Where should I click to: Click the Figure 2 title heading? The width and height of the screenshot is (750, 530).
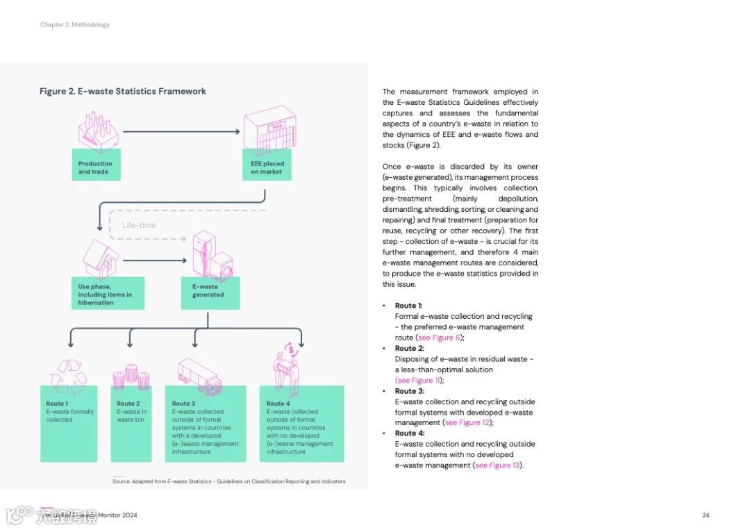click(x=123, y=91)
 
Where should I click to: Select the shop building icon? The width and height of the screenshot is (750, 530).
click(x=269, y=131)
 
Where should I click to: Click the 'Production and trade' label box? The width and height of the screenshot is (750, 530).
click(x=96, y=167)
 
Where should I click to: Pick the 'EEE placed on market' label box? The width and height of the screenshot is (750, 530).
click(x=267, y=167)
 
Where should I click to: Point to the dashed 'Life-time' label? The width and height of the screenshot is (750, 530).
click(x=139, y=225)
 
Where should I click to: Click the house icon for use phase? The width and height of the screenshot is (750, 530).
click(x=101, y=258)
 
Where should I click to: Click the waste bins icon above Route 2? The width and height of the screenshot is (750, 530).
click(x=131, y=377)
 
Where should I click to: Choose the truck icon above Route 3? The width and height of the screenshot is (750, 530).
click(x=199, y=377)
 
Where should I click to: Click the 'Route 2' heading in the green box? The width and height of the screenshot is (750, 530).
click(x=128, y=404)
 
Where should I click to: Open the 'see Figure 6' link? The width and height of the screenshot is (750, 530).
click(x=439, y=338)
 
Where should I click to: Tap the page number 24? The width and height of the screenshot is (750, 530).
click(x=706, y=515)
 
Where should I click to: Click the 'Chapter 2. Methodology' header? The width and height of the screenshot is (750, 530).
click(x=75, y=25)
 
